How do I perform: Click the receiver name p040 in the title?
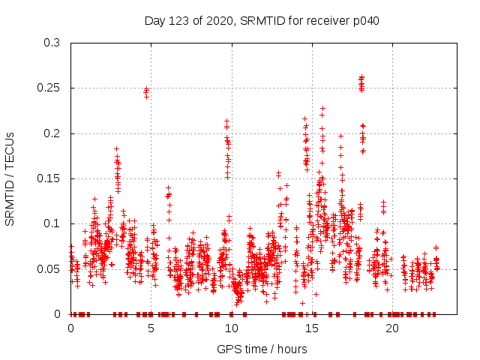tap(364, 20)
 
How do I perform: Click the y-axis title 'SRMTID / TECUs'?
tap(10, 178)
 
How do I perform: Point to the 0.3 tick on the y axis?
tap(52, 43)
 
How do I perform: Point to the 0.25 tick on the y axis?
tap(49, 88)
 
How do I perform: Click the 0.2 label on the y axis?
tap(52, 133)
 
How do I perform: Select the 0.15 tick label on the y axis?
tap(49, 178)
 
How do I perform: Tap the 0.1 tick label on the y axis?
tap(52, 223)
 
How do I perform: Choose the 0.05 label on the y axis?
tap(49, 268)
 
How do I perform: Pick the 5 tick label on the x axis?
tap(151, 328)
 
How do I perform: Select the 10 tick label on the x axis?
tap(232, 328)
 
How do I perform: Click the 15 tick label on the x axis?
tap(312, 328)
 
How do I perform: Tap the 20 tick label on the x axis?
tap(392, 328)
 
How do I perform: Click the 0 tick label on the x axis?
tap(71, 328)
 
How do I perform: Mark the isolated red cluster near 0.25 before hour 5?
tap(147, 91)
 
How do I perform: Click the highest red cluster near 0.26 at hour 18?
tap(361, 81)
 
